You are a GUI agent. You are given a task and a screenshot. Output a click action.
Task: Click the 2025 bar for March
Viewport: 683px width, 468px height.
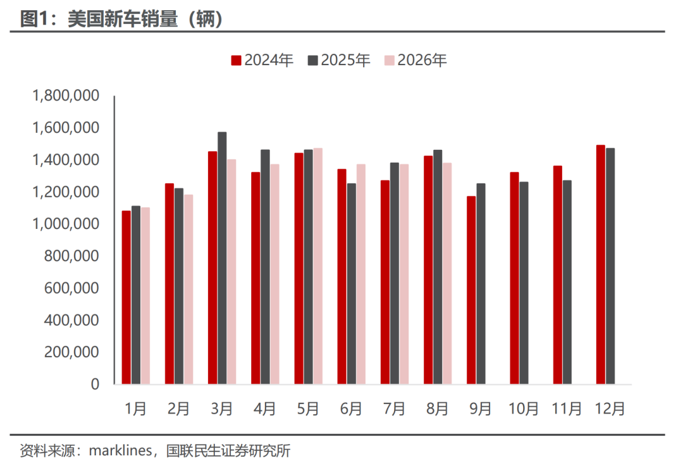222,258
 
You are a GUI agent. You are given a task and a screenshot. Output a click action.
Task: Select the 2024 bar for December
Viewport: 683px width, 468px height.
601,264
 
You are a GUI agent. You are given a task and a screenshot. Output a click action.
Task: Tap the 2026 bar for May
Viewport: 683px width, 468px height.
318,266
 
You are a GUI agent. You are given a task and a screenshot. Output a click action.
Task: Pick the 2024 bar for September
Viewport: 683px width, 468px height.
471,290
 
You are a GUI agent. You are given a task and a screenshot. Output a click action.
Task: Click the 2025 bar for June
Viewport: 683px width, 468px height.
352,284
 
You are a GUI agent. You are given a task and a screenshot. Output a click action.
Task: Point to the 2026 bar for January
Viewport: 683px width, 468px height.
145,296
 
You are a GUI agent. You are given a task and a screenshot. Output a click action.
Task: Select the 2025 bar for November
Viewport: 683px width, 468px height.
567,282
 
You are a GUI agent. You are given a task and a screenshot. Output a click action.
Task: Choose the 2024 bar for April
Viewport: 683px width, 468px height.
255,278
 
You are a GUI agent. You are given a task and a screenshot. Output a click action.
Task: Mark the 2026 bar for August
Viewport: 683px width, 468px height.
447,274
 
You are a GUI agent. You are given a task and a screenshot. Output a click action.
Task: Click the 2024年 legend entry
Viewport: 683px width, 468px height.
262,60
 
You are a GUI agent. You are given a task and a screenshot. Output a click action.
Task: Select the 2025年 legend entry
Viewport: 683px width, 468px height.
339,60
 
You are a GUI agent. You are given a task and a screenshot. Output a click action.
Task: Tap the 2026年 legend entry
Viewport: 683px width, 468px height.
415,60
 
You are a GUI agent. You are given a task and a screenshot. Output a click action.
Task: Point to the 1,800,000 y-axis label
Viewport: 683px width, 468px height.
66,95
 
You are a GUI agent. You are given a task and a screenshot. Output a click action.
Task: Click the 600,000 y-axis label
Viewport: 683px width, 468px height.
71,288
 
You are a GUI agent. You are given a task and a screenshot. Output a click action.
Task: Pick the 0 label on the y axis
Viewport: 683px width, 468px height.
95,385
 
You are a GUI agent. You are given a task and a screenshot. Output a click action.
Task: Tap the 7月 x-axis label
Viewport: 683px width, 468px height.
394,409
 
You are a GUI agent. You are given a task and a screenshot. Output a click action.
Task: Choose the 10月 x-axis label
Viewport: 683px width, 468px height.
523,409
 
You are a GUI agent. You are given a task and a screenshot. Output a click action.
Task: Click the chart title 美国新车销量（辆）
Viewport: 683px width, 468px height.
121,19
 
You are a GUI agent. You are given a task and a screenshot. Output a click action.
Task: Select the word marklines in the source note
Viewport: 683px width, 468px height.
120,450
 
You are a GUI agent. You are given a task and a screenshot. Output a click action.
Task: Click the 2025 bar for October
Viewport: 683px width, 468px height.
524,283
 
